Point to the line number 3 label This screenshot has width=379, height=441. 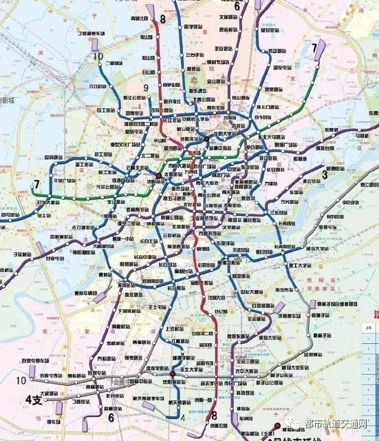(x=324, y=175)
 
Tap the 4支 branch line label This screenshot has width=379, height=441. (x=32, y=399)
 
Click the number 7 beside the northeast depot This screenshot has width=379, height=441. (x=314, y=48)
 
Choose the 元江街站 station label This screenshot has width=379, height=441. (x=100, y=86)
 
